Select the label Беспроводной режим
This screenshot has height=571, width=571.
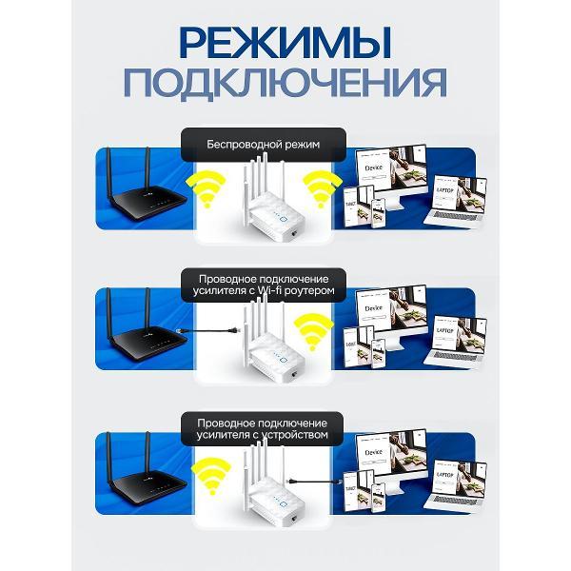coord(263,145)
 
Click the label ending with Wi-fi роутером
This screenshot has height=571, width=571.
coord(263,283)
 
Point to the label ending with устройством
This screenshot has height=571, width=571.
coord(263,427)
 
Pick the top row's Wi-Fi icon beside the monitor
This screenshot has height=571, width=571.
coord(322,187)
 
